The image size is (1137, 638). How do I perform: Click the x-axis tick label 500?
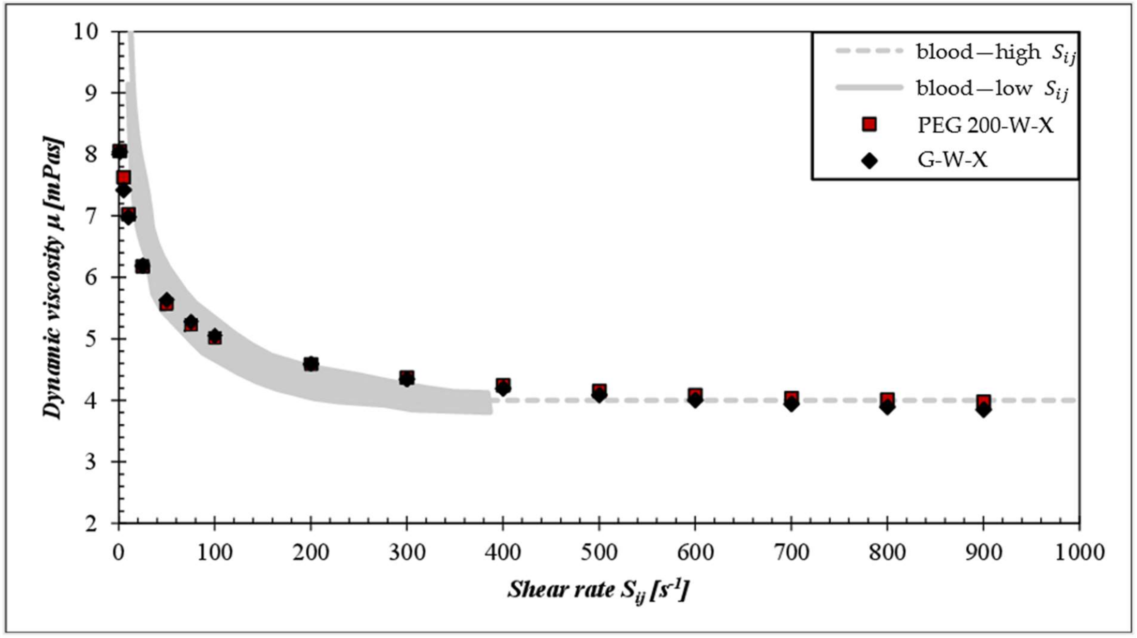tap(598, 553)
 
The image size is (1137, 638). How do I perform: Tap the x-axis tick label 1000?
tap(1079, 553)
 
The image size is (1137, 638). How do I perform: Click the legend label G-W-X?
tap(952, 160)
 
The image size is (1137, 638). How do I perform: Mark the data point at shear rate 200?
tap(311, 364)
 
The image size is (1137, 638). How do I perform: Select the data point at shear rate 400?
tap(503, 386)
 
